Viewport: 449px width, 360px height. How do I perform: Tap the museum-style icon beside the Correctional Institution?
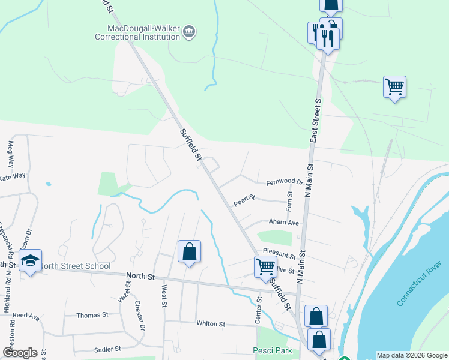coord(189,31)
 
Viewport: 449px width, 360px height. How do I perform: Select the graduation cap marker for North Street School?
coord(30,262)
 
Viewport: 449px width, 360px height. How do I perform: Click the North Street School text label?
coord(75,266)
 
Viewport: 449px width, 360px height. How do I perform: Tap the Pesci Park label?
coord(273,349)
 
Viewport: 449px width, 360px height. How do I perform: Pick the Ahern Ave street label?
coord(283,223)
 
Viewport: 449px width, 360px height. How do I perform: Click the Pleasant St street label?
coord(279,257)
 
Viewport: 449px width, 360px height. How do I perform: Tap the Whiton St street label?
coord(210,323)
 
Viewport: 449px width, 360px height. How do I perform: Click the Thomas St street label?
coord(92,314)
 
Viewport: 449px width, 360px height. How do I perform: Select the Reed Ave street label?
coord(26,315)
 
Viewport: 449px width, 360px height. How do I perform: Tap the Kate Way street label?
coord(13,176)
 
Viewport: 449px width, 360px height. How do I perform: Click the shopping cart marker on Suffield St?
coord(265,267)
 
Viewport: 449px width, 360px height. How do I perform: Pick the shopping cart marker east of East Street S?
coord(394,87)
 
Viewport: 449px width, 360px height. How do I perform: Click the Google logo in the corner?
coord(20,353)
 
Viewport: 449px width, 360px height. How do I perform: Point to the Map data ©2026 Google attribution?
coord(411,355)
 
